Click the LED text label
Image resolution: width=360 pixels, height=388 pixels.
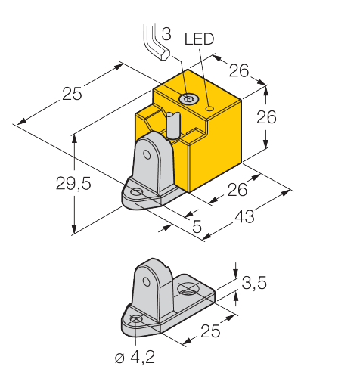coord(199,39)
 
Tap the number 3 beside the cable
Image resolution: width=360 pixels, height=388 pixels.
coord(166,34)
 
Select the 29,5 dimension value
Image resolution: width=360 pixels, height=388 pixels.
coord(73,183)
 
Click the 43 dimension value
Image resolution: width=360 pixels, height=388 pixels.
coord(244,217)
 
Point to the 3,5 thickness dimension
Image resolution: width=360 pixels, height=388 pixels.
coord(254,283)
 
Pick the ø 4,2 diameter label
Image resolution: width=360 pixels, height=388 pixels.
coord(135,357)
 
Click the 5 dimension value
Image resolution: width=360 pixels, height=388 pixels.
coord(197,226)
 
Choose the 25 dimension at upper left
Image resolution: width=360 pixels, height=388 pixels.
coord(72,94)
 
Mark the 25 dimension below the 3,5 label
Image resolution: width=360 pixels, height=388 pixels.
coord(210,331)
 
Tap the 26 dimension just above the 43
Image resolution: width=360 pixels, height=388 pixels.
coord(237,190)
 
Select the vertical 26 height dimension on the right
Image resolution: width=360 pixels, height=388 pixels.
coord(266,117)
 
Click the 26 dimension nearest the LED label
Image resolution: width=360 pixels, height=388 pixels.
coord(239,70)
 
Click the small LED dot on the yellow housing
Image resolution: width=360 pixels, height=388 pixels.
coord(209,109)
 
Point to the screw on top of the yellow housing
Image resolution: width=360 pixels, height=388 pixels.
coord(188,98)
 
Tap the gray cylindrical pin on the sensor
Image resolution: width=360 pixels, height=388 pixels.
coord(172,126)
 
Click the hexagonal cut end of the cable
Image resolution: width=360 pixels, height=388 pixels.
coord(165,54)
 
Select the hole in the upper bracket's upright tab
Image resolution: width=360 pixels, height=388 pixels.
coord(147,154)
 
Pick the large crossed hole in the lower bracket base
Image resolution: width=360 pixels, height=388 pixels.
coord(188,289)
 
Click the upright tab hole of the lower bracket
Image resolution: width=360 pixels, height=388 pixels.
coord(146,281)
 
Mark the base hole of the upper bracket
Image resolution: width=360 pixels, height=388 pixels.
coord(136,192)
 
